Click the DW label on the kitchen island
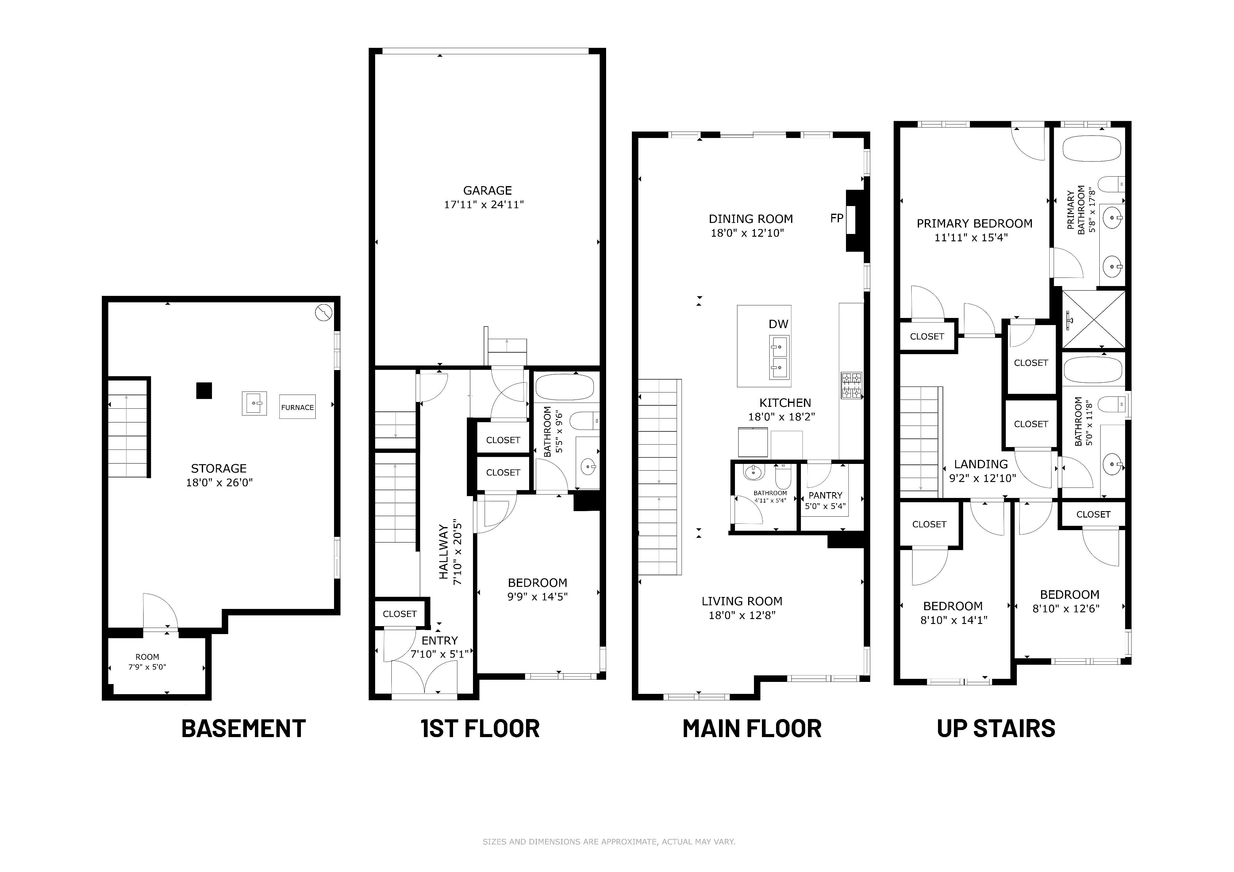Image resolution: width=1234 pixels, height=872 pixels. tap(778, 324)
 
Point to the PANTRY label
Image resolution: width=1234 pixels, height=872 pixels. tap(825, 495)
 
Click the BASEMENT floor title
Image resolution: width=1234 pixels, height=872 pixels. tap(244, 729)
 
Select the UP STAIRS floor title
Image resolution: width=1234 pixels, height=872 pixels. tap(996, 729)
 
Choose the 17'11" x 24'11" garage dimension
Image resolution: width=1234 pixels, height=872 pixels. tap(484, 205)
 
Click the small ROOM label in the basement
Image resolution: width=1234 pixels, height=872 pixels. tap(147, 656)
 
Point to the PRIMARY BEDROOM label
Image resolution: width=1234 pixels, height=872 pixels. tap(975, 224)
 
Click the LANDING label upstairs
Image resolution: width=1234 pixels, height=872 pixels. tap(981, 464)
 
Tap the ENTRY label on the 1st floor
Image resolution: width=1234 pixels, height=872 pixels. tap(440, 641)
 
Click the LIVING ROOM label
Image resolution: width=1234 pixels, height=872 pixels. tap(742, 601)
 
